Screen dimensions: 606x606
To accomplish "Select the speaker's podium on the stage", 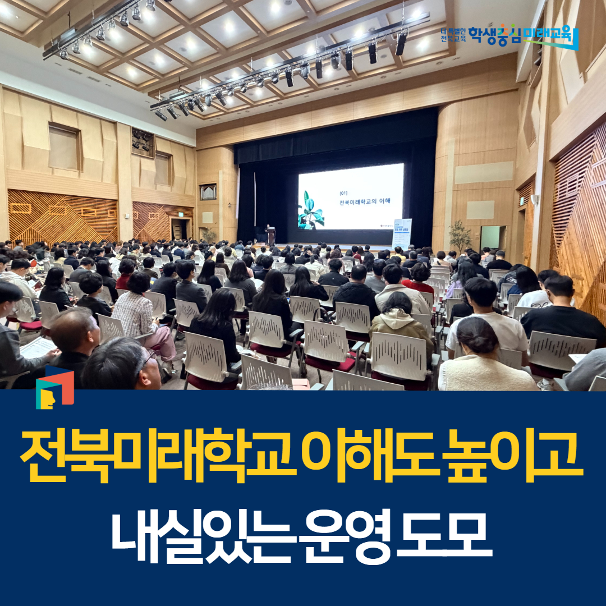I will point(271,236).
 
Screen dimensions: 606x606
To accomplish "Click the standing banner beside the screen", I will point(402,233).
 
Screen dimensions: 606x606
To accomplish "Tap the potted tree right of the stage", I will point(460,236).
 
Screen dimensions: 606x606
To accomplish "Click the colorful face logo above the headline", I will point(54,387).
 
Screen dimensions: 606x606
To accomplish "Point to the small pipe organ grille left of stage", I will point(208,192).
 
